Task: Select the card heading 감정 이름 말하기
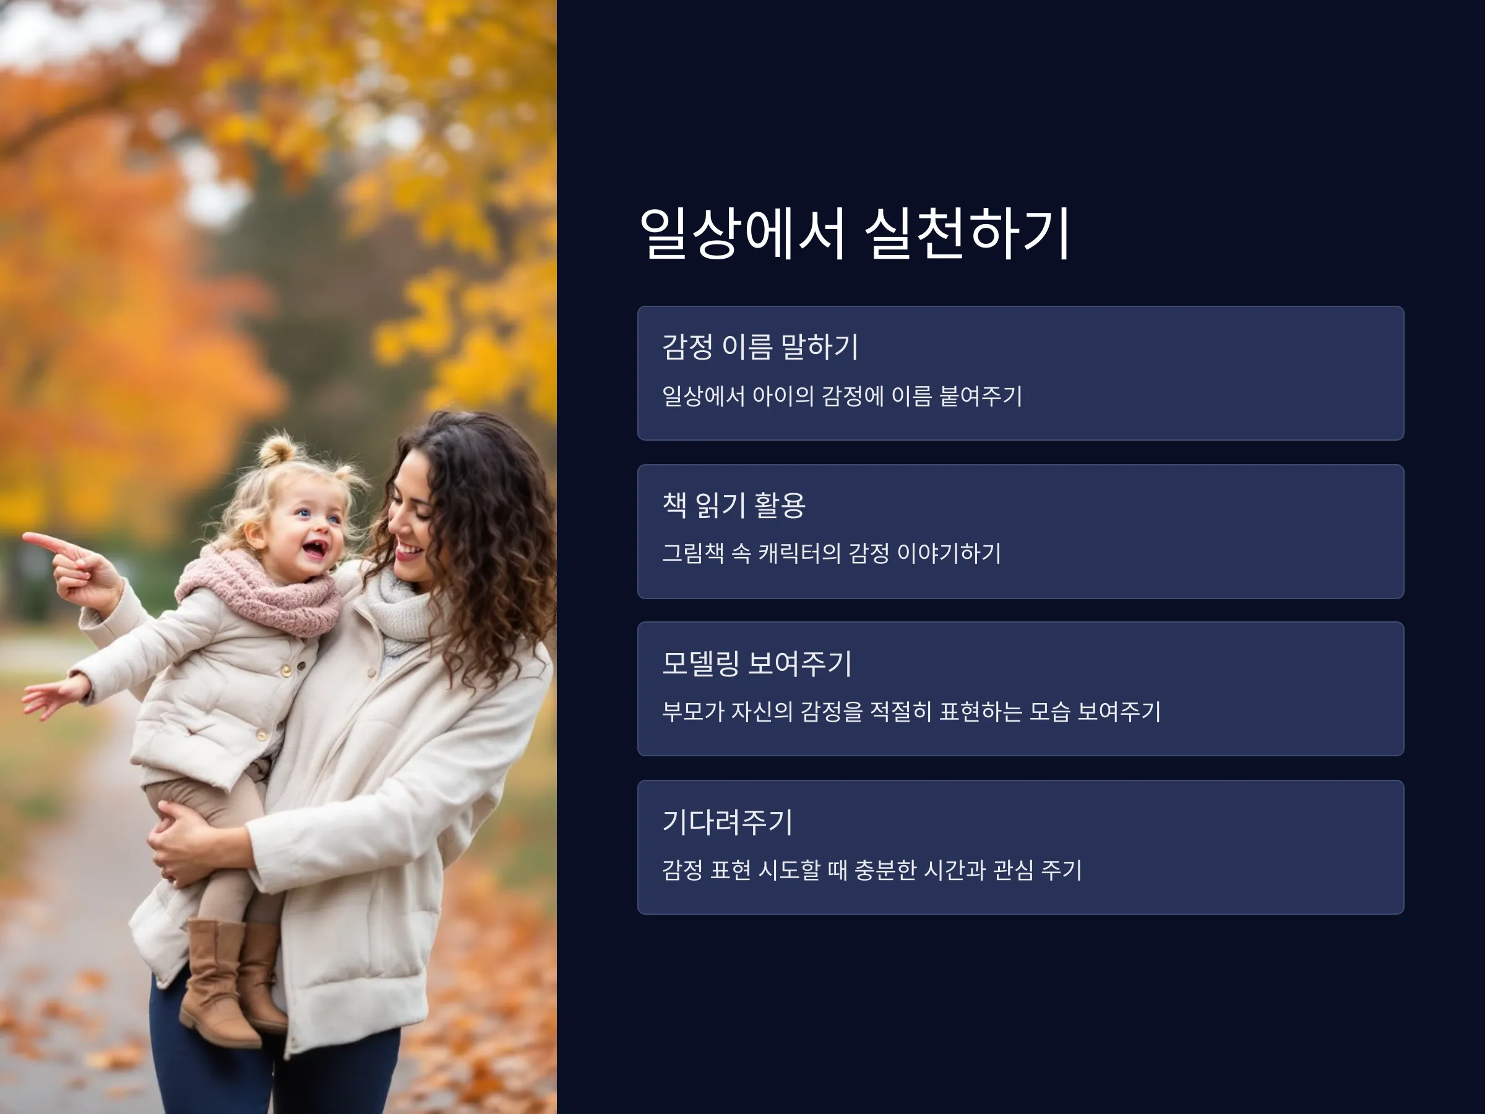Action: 760,347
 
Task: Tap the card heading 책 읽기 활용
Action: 733,505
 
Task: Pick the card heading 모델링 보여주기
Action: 757,663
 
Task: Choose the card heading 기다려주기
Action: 727,821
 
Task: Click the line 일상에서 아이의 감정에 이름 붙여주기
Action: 842,395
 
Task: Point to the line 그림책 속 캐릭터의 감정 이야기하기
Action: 831,553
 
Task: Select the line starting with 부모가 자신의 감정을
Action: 911,711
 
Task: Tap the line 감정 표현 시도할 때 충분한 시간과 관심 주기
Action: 871,870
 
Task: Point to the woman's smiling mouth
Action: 408,552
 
